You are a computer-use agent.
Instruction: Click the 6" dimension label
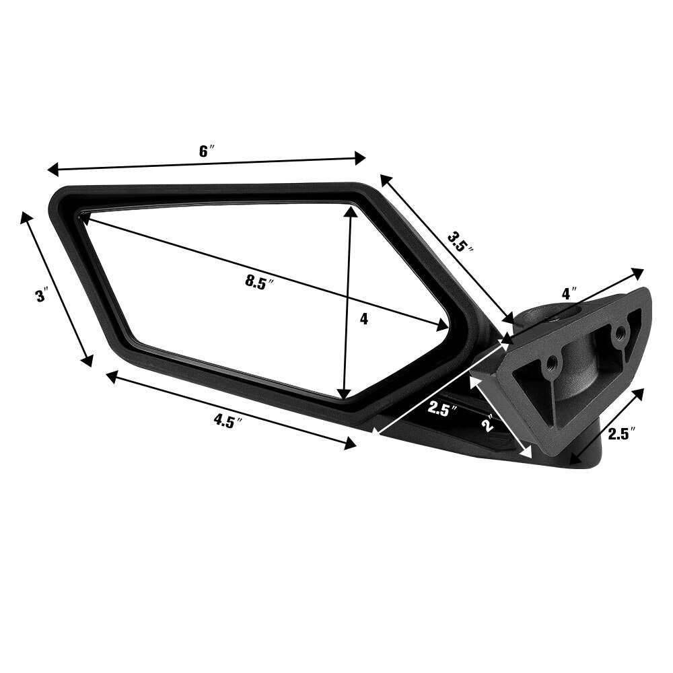206,151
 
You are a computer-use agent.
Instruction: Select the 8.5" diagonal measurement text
261,282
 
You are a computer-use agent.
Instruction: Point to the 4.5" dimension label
227,421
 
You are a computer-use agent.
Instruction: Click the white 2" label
488,423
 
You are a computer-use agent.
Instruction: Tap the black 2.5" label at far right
622,434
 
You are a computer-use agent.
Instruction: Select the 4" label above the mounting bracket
569,294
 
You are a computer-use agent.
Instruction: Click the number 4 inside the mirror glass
364,319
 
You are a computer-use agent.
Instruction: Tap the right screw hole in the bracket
621,331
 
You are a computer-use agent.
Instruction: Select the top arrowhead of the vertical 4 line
349,211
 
